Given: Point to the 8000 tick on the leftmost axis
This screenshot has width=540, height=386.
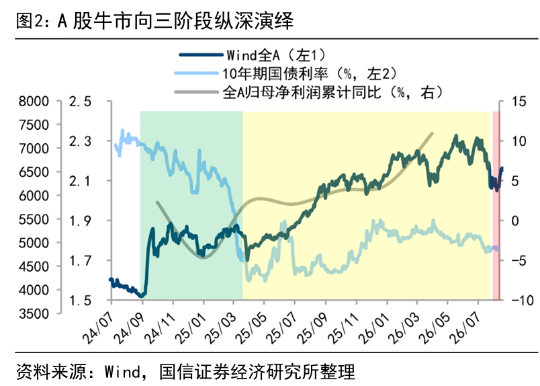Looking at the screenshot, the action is click(x=34, y=102).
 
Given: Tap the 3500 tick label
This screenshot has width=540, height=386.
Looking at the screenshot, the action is click(x=34, y=313).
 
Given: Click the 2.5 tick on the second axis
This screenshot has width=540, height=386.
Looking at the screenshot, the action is click(x=80, y=102).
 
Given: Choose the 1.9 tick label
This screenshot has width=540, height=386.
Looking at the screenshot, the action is click(x=80, y=221).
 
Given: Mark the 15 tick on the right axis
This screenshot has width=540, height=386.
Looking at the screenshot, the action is click(x=519, y=102).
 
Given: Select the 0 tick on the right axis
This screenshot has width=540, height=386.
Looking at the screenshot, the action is click(x=515, y=221).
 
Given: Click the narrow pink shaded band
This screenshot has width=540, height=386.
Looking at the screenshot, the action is click(x=496, y=205).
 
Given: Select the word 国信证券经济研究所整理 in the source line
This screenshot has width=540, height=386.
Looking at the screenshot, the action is click(x=257, y=371).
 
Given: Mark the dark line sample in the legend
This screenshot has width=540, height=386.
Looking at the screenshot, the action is click(x=201, y=55).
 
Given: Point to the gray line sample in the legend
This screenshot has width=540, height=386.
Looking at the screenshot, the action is click(x=196, y=92).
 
